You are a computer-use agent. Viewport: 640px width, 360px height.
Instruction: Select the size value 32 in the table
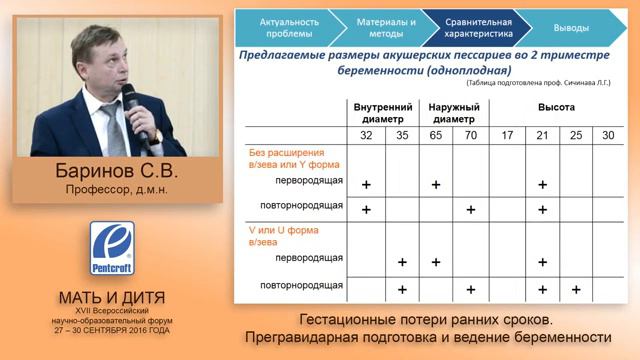pos(366,135)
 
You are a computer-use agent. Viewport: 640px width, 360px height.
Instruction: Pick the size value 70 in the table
pos(471,135)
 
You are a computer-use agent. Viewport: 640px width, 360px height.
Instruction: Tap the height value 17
pos(506,135)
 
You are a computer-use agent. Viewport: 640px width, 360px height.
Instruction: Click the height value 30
pos(608,135)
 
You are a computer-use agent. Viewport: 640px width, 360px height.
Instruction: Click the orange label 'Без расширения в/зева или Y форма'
pos(294,158)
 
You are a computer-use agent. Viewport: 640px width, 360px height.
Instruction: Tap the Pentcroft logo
pos(112,250)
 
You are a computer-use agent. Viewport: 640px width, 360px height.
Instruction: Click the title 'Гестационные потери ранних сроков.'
pos(426,319)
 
